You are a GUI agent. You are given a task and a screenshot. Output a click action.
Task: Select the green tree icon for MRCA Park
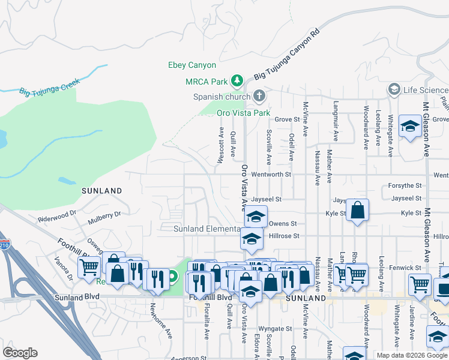(237, 80)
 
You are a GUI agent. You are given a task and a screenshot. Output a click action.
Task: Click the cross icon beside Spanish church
(259, 95)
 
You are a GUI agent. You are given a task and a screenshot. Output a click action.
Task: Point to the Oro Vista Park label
(244, 112)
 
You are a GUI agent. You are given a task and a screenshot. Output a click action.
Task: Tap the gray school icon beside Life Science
(394, 90)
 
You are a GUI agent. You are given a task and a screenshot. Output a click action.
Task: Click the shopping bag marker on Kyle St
(357, 210)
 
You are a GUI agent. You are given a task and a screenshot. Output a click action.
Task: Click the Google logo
(20, 353)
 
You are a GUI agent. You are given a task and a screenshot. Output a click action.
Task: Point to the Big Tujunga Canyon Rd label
(285, 59)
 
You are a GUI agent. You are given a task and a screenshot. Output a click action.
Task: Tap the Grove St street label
(287, 119)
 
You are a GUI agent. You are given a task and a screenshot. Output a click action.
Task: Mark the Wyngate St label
(275, 329)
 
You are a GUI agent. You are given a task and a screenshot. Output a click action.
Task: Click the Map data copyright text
(412, 355)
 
